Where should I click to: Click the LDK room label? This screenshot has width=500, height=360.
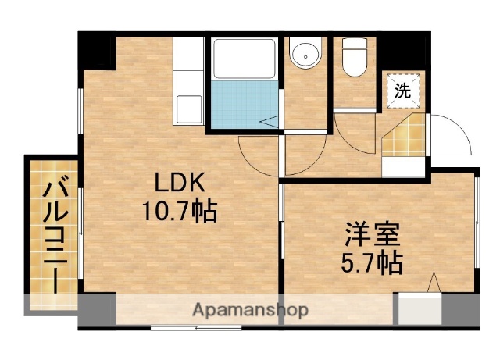click(179, 183)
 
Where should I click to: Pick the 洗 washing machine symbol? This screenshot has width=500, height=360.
click(402, 90)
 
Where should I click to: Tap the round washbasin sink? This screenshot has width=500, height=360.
click(304, 55)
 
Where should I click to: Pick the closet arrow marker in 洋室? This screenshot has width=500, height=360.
click(434, 283)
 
